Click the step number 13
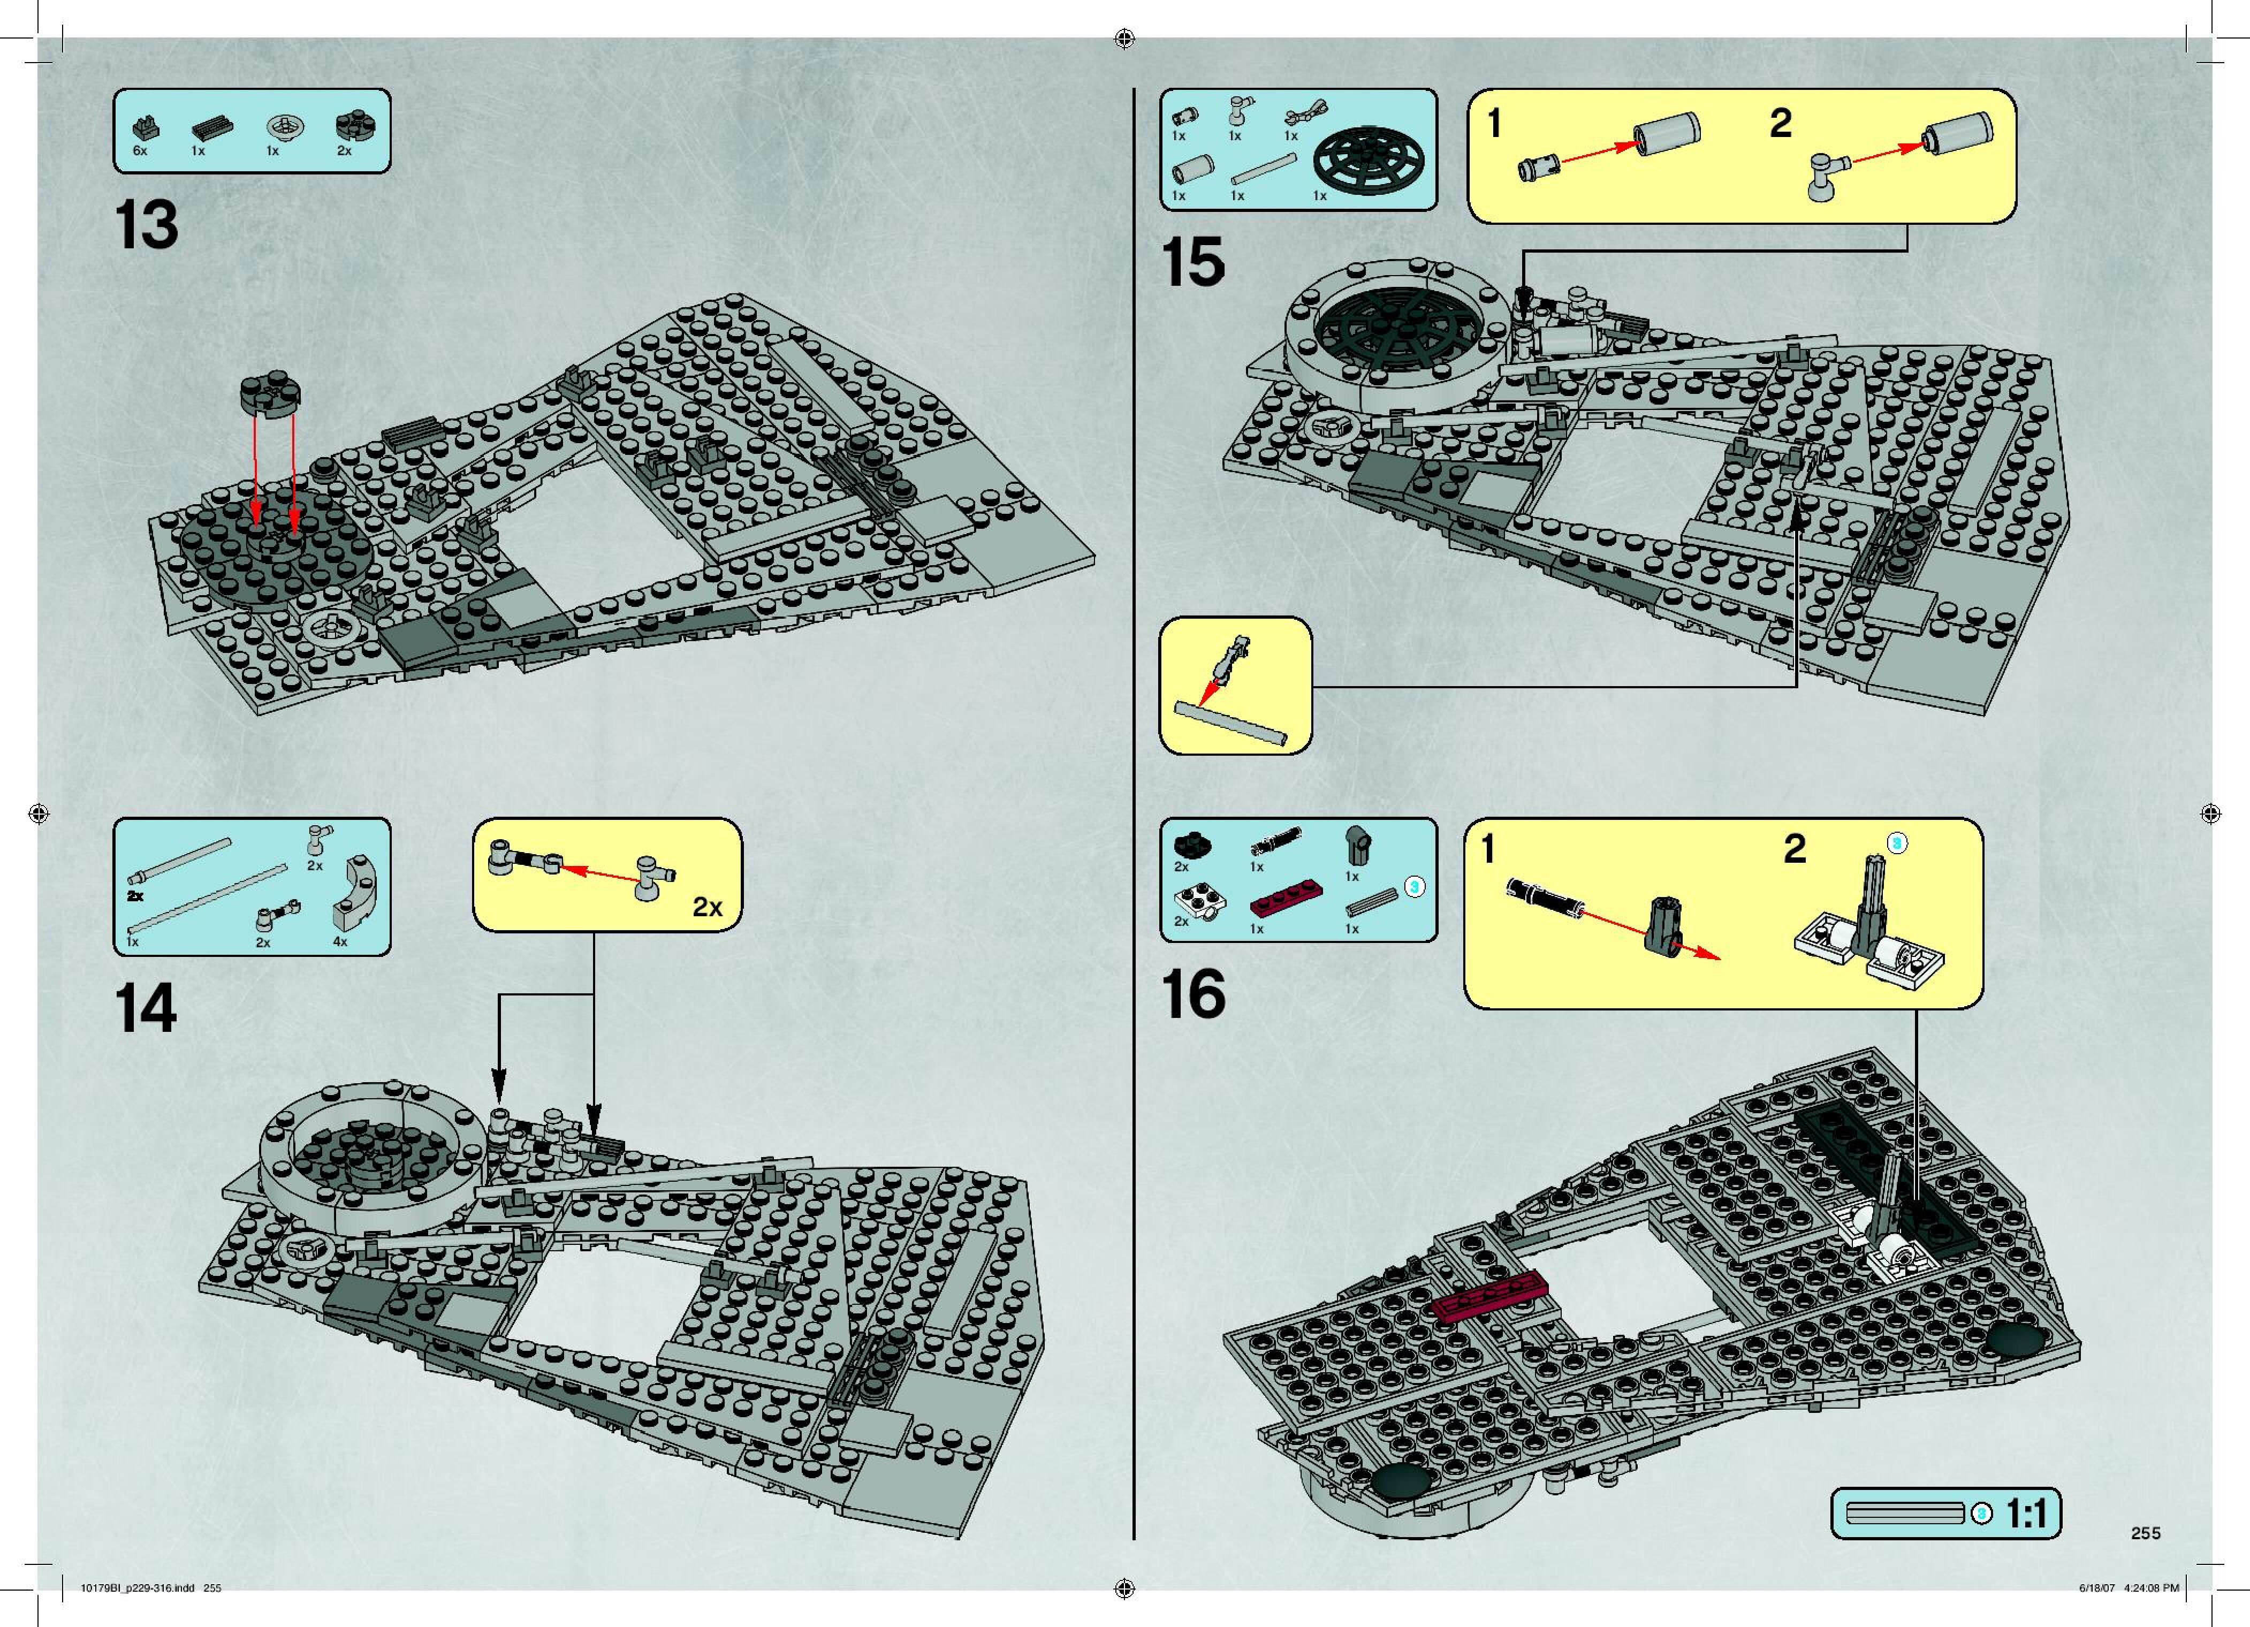147,226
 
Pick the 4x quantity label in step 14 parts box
340,941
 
